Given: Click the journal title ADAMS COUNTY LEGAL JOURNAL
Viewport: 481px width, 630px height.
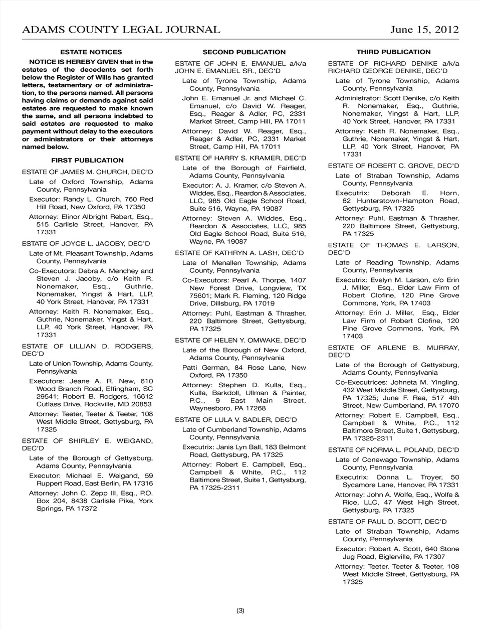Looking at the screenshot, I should (121, 30).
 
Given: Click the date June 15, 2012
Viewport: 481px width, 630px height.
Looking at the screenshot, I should (424, 30).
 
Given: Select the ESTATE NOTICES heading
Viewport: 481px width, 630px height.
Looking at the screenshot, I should (91, 52).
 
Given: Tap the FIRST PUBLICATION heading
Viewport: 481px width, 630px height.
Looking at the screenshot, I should (87, 161).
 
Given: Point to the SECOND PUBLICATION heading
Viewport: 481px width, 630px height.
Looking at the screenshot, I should (244, 52).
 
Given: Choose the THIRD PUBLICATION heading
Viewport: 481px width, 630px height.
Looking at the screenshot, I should (393, 52).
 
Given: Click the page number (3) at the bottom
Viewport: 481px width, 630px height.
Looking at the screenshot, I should (240, 611).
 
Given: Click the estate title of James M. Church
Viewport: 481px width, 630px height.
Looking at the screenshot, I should (87, 172).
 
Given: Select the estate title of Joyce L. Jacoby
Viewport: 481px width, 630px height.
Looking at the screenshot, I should (86, 244).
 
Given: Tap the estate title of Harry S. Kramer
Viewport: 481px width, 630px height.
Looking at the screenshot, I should (241, 158).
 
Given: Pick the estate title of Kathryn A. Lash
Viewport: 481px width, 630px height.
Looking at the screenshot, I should (239, 253).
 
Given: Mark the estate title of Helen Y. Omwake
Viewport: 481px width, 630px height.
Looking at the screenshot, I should (241, 341).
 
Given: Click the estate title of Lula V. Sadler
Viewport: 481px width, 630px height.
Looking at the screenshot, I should (235, 420).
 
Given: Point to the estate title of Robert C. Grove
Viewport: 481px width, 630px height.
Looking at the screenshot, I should (393, 166).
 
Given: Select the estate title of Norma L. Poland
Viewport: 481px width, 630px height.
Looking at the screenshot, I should (393, 450).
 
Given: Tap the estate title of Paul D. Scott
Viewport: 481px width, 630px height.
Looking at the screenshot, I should (387, 522).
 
